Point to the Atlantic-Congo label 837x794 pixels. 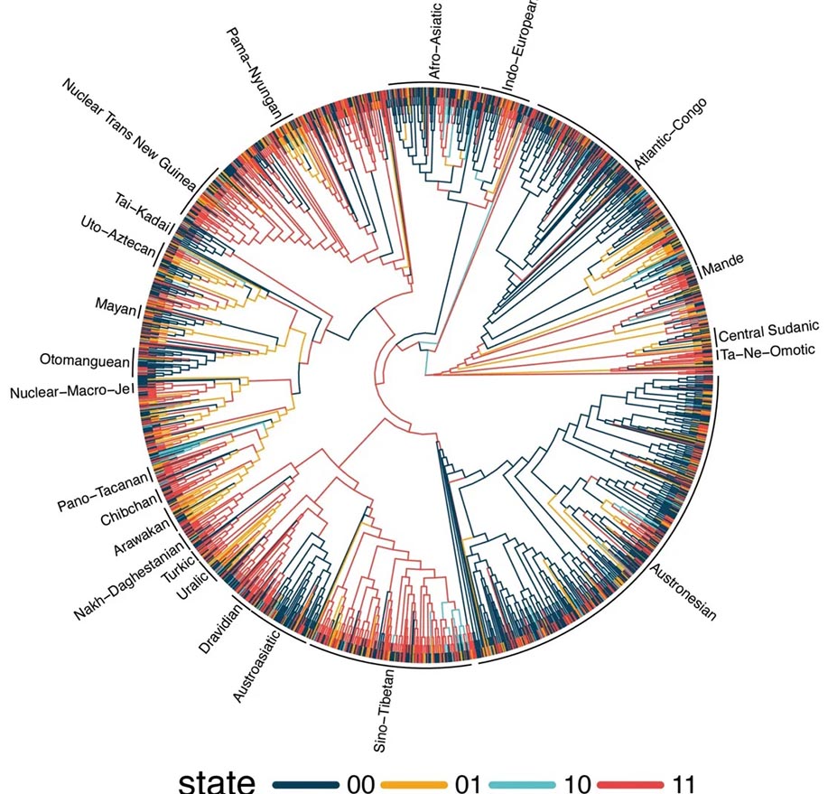point(671,134)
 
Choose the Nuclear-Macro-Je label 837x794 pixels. point(69,391)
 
